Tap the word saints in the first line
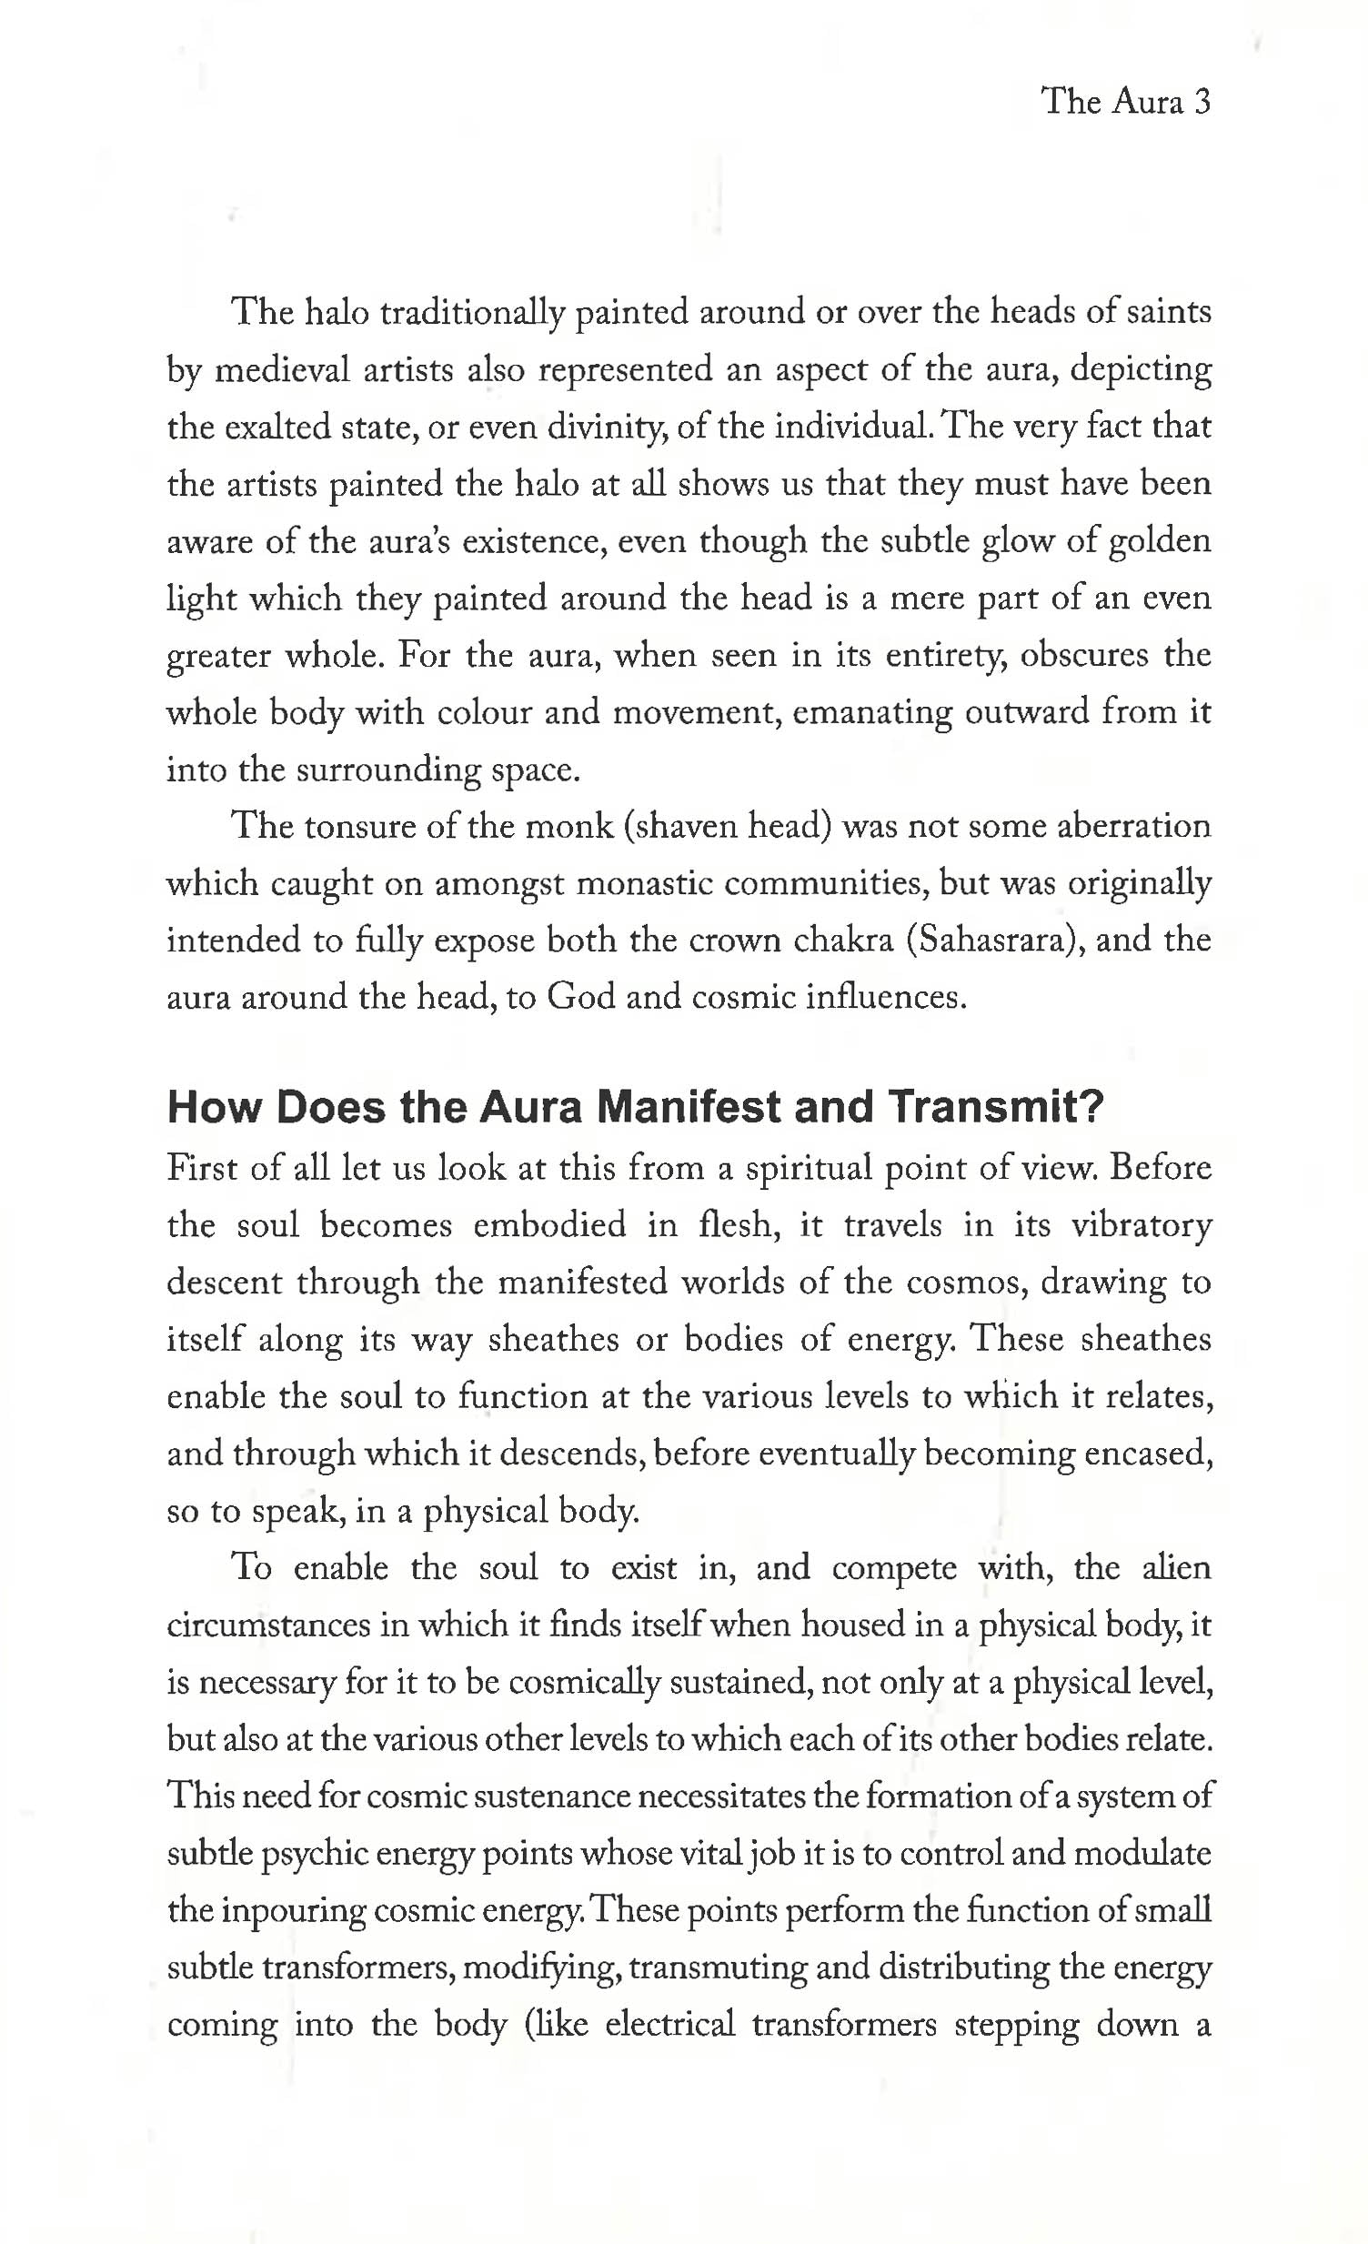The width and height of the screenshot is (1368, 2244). click(1169, 311)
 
